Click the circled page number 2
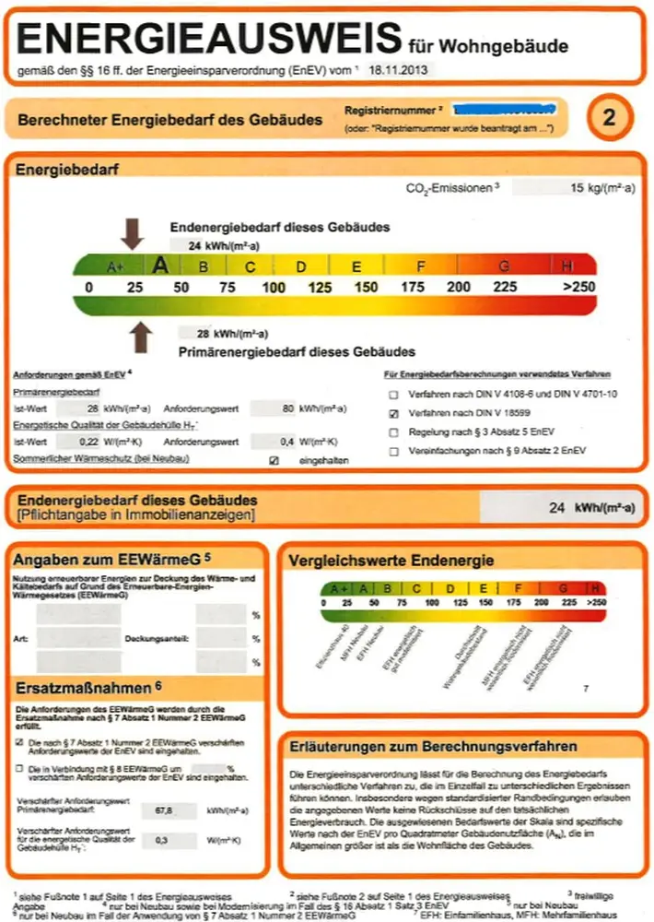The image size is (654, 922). [x=609, y=117]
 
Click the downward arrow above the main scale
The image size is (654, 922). [x=133, y=234]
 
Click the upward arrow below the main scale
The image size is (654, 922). [x=140, y=337]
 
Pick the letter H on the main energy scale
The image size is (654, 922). [x=566, y=266]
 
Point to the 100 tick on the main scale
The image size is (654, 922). [x=274, y=288]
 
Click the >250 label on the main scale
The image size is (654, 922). [x=579, y=288]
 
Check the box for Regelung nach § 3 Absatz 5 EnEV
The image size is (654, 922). [x=394, y=431]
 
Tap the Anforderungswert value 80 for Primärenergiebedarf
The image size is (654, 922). [x=287, y=407]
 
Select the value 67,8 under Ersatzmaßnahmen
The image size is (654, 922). [x=166, y=810]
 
